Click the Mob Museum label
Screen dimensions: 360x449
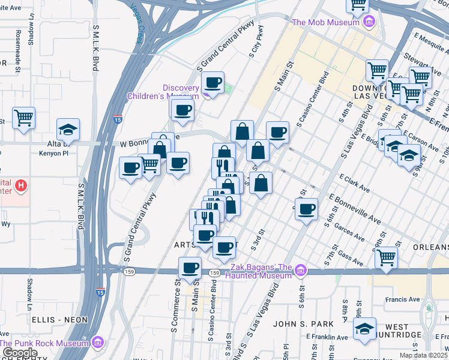[x=326, y=23]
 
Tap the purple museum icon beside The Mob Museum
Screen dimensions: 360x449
[x=369, y=23]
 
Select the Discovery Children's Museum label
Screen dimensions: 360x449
[x=163, y=92]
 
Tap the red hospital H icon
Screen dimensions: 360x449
[x=22, y=186]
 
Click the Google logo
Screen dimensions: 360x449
[x=19, y=353]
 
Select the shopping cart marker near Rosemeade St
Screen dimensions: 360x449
[x=23, y=118]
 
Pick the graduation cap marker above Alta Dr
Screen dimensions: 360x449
[x=68, y=129]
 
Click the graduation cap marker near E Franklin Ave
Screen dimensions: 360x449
[x=364, y=328]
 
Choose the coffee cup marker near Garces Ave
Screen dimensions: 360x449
[x=307, y=209]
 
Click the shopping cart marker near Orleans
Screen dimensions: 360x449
[x=387, y=257]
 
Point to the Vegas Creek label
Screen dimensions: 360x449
[x=137, y=24]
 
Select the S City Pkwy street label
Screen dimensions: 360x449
[x=256, y=42]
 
